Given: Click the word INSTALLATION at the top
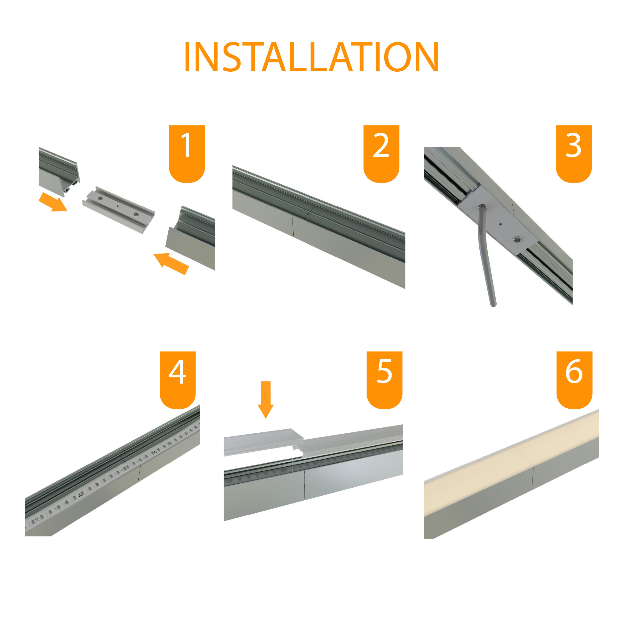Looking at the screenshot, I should (311, 57).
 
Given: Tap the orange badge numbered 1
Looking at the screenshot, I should (187, 153).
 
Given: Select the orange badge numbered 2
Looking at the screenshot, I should (381, 153).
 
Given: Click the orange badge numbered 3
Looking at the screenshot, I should (574, 153).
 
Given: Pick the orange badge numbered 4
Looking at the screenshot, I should (178, 380).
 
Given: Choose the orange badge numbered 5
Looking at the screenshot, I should (385, 380).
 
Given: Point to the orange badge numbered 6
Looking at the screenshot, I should (574, 380).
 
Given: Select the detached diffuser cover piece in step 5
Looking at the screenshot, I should (262, 441).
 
